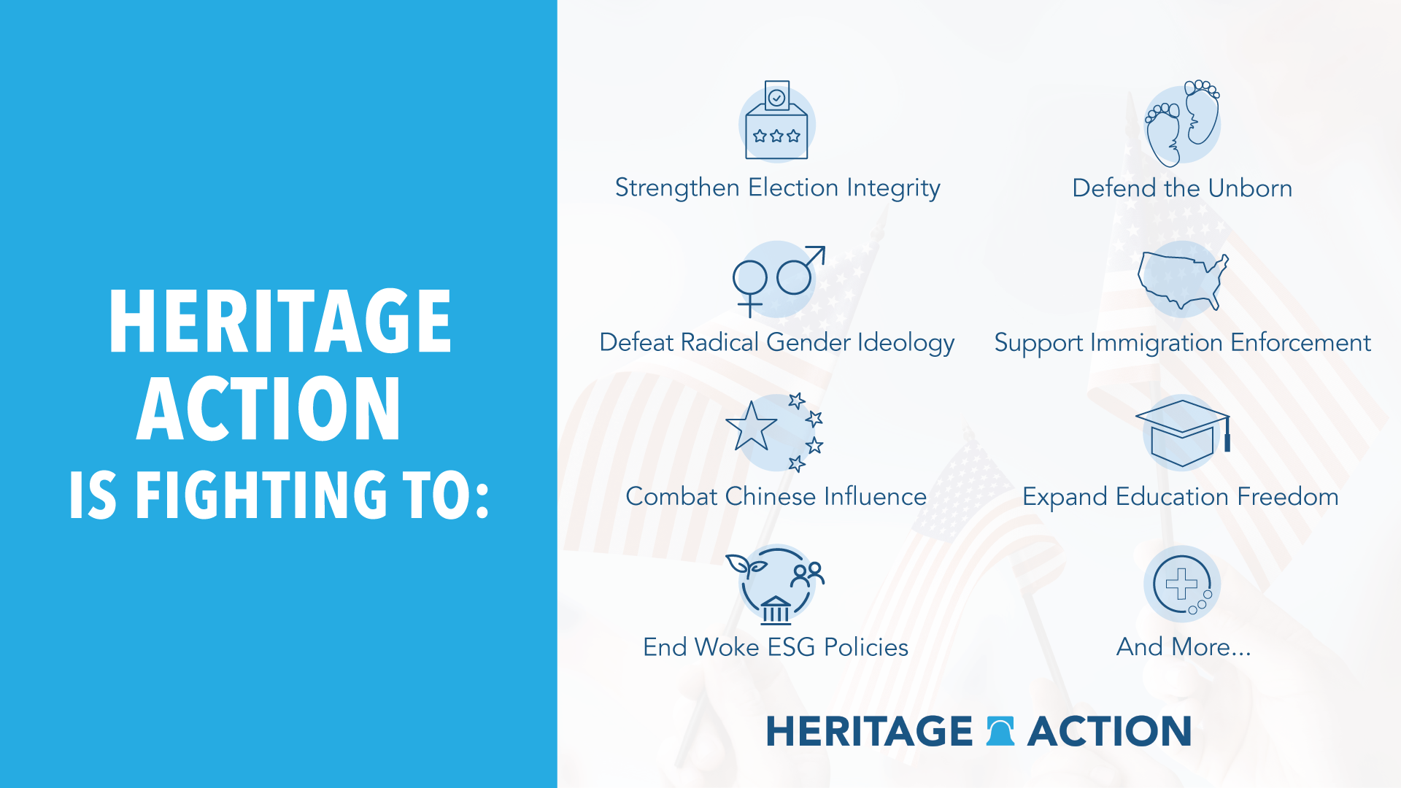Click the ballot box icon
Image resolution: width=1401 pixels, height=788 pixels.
(x=776, y=120)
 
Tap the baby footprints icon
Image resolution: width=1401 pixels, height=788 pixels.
(x=1182, y=123)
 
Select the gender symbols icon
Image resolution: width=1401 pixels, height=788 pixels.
(x=779, y=282)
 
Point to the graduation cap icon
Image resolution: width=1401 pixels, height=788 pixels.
(x=1183, y=433)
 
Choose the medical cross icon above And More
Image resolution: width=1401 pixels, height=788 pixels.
(x=1182, y=584)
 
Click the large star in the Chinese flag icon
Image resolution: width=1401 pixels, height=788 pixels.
(x=751, y=427)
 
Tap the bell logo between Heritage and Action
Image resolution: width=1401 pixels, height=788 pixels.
(x=1000, y=731)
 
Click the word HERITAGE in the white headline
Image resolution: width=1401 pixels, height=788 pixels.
(x=280, y=321)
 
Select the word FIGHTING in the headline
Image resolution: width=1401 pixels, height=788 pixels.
(x=261, y=495)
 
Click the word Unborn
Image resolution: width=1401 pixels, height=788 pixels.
(x=1250, y=188)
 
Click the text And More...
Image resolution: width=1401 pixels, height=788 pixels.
(x=1184, y=647)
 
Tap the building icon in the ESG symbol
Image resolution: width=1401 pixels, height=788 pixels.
(x=776, y=610)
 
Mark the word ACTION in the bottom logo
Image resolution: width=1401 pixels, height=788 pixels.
(x=1109, y=731)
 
